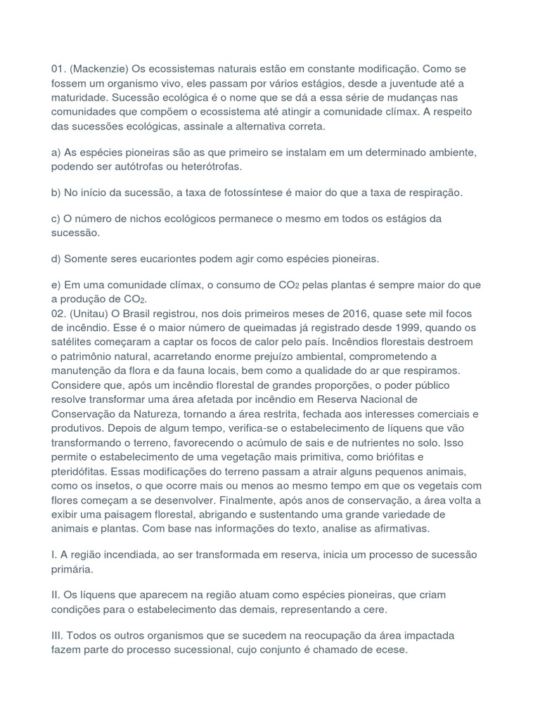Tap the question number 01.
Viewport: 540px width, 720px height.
coord(58,70)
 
